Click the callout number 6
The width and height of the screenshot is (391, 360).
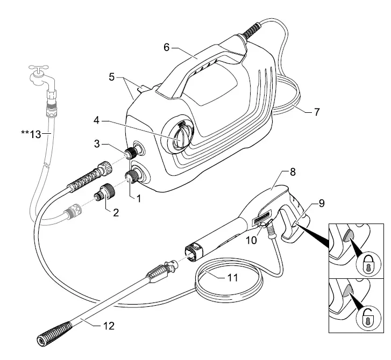pos(167,47)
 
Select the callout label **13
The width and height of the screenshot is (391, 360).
pos(32,135)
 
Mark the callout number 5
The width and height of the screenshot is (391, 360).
pos(111,77)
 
